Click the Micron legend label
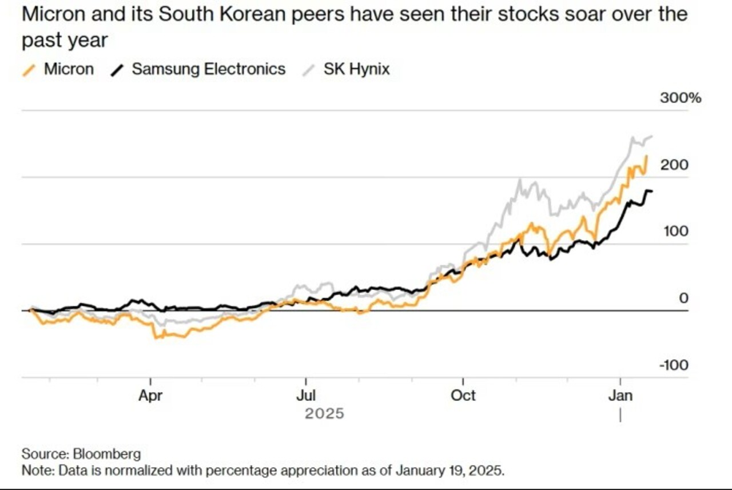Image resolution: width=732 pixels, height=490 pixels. pos(69,70)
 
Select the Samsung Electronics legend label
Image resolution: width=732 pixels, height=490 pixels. pos(208,70)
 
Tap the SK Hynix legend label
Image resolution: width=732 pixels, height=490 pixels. pos(356,70)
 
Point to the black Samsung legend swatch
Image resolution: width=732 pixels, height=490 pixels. pos(118,70)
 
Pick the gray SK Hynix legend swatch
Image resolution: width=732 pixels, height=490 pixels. pos(309,70)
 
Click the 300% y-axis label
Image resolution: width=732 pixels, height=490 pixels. pos(680,98)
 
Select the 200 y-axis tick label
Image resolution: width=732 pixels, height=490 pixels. pos(675,165)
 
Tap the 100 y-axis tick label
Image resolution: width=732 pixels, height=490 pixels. pos(675,232)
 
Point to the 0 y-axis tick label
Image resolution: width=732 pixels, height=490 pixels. pos(683,298)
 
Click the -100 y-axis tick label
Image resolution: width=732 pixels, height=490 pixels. pos(673,365)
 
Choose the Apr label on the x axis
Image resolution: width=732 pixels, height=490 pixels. pos(150,396)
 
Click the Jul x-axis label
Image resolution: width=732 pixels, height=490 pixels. pos(306,396)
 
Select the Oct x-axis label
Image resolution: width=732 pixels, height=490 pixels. pos(463,396)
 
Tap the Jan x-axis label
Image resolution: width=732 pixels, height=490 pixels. pos(620,396)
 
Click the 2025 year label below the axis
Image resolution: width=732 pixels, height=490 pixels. pos(324,413)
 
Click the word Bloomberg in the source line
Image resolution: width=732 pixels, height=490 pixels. pos(107,454)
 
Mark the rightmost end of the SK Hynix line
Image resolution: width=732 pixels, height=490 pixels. pos(653,136)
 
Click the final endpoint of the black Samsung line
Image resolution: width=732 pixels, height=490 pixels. pos(653,191)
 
